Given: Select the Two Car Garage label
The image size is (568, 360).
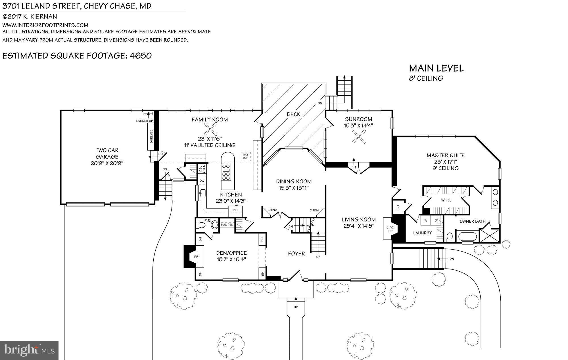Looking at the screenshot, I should coord(107,154).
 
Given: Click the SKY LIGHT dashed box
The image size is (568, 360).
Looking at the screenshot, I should coord(246,156).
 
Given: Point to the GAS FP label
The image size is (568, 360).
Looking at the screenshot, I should coord(390,229).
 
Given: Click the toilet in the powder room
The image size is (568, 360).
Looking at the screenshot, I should coord(201,225).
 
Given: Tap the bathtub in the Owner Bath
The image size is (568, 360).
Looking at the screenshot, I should coord(467,236).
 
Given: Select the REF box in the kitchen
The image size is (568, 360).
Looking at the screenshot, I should coord(235,210).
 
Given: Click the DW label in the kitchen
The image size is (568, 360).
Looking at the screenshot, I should coord(202,181).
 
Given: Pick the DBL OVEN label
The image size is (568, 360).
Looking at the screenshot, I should coord(202,169).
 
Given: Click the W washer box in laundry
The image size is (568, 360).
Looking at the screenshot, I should coord(426,220).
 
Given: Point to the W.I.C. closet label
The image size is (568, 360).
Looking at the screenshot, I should coord(446,200).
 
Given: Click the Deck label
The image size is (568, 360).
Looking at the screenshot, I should coord(293,114).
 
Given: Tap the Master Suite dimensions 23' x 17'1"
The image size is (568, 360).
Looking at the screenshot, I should coord(445,162).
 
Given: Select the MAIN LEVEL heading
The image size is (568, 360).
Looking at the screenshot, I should coord(436,68).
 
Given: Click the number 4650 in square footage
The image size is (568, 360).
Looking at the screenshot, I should coord(140,56).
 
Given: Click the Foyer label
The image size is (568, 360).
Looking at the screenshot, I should coord(296,254).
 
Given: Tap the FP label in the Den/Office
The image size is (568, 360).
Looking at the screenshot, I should coord(196,257).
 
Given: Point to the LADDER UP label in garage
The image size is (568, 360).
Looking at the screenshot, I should coord(144,121).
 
